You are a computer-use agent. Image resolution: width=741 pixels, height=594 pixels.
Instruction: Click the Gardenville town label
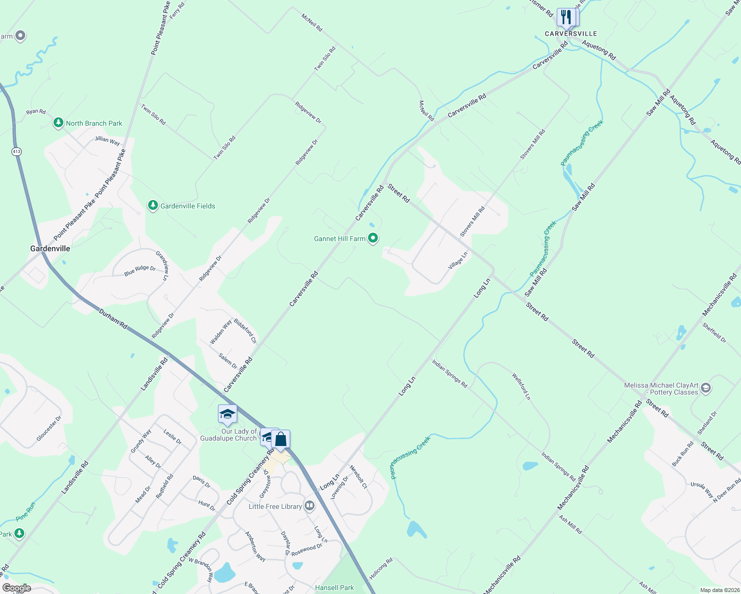50,248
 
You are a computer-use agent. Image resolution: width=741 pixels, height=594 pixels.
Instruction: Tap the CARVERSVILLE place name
571,34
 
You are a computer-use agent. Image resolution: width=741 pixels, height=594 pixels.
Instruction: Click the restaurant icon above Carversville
566,17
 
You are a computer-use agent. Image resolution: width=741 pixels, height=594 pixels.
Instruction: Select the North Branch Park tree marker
58,123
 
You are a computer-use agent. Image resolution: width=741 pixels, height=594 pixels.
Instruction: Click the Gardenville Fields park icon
153,205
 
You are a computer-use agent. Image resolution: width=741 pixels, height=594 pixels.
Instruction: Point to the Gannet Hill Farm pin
373,239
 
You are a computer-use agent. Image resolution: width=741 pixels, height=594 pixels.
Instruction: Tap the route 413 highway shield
17,151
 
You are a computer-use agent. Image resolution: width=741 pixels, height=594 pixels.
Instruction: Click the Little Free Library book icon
310,505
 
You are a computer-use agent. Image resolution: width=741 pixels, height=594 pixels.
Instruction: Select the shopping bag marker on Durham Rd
280,439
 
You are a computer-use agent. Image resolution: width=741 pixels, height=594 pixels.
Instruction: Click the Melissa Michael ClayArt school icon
706,388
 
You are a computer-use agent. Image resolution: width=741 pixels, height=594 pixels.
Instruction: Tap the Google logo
17,588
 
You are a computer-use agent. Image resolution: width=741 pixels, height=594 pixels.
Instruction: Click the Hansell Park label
334,588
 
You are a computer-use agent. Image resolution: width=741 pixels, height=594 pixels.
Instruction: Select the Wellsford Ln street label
521,387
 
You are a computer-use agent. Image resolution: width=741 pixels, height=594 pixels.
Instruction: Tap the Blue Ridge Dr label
140,270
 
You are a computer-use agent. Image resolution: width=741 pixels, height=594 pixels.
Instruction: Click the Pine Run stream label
25,511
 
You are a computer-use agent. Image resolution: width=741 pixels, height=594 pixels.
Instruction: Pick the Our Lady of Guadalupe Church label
229,435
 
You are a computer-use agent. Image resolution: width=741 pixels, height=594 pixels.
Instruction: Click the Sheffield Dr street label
714,333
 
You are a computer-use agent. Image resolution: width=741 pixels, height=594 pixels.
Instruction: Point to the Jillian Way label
107,141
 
